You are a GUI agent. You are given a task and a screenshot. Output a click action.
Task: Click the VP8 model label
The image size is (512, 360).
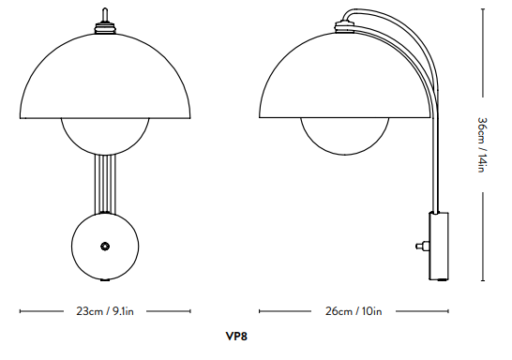[x=236, y=336]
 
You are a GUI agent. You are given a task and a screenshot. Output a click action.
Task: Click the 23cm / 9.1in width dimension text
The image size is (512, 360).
[x=105, y=311]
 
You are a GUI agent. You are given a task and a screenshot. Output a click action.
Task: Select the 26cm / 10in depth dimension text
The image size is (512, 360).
[x=354, y=311]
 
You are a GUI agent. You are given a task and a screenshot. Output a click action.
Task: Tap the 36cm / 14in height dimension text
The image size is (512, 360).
[x=482, y=144]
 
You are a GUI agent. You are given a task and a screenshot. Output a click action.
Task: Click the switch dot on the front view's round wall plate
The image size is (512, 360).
[x=105, y=246]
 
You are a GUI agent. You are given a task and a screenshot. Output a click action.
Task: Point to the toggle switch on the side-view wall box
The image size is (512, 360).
[x=422, y=246]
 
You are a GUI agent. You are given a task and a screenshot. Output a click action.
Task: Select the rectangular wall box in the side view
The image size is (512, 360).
[x=439, y=246]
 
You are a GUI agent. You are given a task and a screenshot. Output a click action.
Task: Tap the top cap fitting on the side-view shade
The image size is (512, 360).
[x=345, y=27]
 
